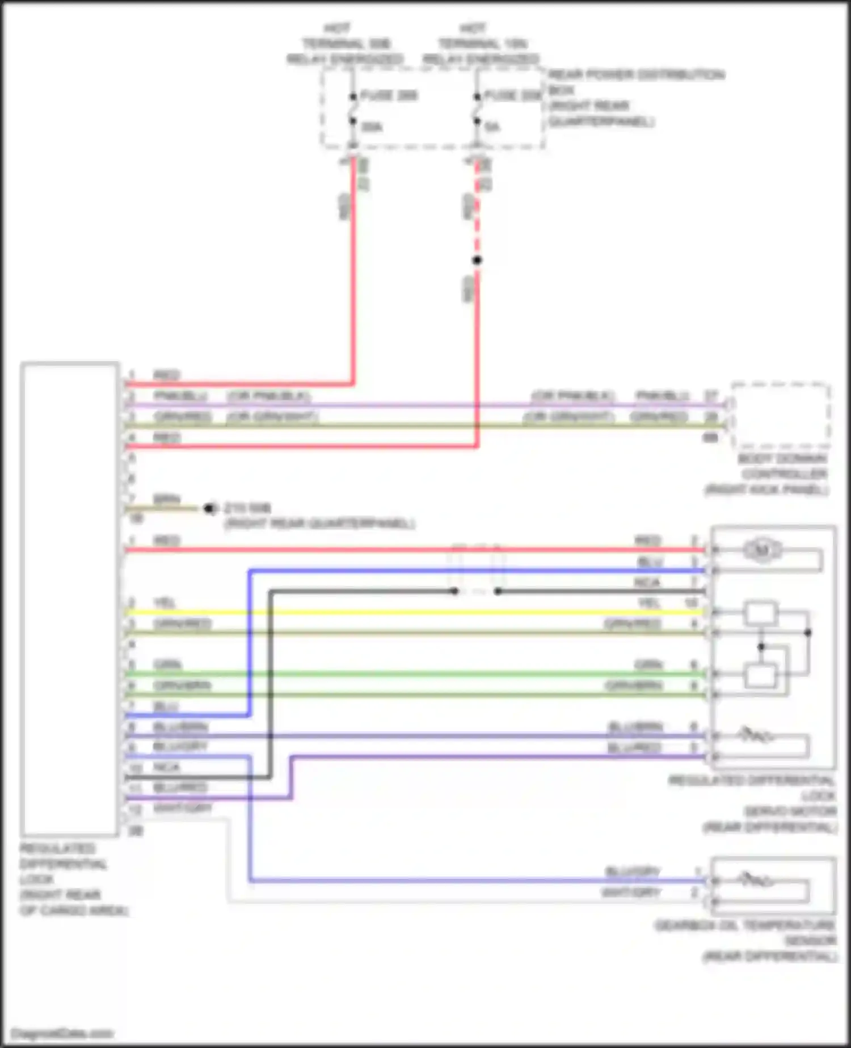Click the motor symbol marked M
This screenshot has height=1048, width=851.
click(762, 550)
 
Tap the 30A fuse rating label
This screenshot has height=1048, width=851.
click(372, 127)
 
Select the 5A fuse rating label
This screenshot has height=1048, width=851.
click(492, 127)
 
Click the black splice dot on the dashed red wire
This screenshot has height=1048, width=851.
click(477, 260)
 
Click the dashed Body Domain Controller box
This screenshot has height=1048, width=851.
click(781, 416)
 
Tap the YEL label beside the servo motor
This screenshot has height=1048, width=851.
click(649, 602)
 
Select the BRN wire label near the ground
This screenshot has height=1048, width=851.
click(167, 500)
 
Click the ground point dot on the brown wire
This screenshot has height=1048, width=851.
click(210, 508)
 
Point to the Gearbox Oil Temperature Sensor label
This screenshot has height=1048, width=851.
click(745, 941)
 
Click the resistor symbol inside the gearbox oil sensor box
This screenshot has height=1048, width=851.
click(755, 881)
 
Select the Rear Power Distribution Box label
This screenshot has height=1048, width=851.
click(635, 98)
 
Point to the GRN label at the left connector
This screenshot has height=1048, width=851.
click(168, 664)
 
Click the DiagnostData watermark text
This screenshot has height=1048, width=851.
click(62, 1033)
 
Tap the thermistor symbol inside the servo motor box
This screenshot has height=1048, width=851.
click(755, 736)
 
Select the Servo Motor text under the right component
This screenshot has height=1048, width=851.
click(790, 811)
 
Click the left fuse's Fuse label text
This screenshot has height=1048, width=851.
click(389, 95)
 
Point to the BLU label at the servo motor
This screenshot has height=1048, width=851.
click(650, 562)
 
